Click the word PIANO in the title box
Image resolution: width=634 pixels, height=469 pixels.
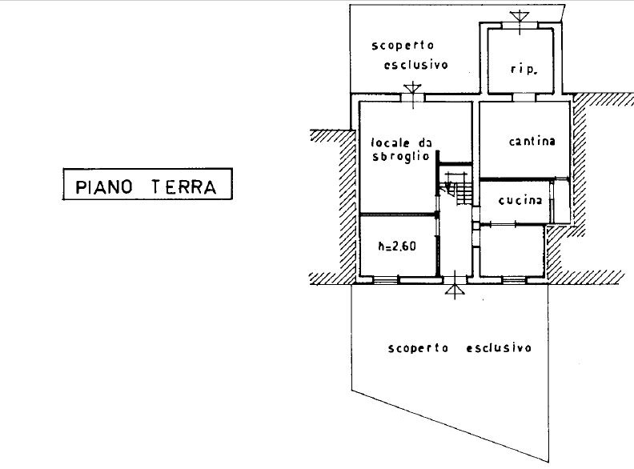click(x=104, y=187)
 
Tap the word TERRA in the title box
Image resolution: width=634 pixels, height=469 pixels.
click(x=184, y=187)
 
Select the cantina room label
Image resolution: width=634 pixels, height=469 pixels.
click(x=532, y=141)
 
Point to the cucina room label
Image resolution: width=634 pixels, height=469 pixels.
click(x=520, y=200)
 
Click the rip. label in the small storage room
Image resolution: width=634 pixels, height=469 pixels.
click(x=524, y=69)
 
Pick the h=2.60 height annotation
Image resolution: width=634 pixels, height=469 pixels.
click(x=397, y=246)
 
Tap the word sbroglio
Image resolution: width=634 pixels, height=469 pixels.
click(x=400, y=157)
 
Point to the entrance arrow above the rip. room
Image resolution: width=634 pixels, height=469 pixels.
click(x=520, y=17)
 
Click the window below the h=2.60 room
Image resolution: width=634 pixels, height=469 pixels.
click(x=386, y=279)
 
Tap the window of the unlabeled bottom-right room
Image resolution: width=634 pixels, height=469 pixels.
click(x=514, y=279)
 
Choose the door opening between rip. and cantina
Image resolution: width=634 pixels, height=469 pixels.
click(x=524, y=98)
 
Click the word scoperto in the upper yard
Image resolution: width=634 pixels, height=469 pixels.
click(x=403, y=46)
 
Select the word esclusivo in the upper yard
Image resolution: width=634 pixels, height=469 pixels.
click(x=416, y=65)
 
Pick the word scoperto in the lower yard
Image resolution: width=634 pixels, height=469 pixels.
click(x=418, y=348)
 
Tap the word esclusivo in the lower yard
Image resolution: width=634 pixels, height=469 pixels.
click(x=499, y=347)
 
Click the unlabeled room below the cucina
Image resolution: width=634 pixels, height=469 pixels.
click(x=512, y=251)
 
